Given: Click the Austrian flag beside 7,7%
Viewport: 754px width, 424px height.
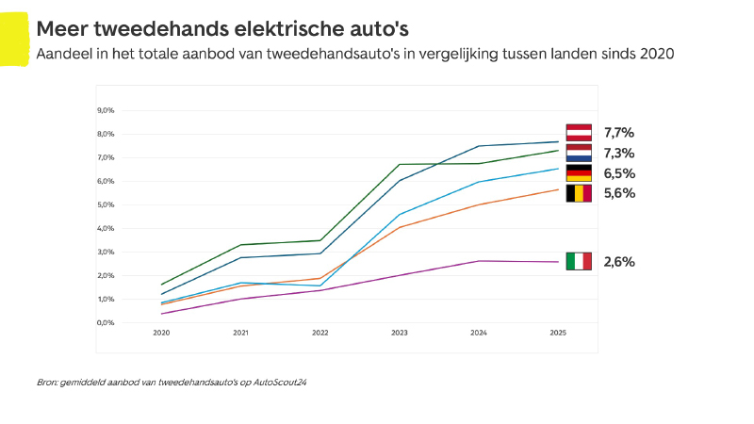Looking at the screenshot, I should pos(579,132).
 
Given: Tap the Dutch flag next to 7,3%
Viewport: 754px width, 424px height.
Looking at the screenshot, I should pos(579,153).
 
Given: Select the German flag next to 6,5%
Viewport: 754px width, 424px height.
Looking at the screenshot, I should pos(579,173).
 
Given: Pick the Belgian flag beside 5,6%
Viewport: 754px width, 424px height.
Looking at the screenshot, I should pos(579,193).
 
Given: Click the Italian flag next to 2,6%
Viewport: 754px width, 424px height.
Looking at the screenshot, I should pos(579,261).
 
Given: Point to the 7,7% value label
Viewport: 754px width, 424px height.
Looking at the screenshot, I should pos(619,132).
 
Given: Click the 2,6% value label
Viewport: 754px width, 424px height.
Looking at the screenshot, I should pos(619,262).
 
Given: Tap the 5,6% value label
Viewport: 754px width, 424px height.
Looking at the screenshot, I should pos(619,193).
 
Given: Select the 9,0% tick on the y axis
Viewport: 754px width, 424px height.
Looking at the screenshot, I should pos(106,110).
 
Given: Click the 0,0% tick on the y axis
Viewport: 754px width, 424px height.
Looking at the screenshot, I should pos(106,322).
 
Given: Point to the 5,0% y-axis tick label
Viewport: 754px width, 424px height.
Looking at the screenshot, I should pos(106,204).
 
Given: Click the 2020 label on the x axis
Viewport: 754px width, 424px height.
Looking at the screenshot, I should pos(161,333).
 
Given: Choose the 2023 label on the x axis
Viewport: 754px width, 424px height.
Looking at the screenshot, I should pos(400,333).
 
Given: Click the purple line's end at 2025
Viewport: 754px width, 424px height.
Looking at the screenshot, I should pos(559,262).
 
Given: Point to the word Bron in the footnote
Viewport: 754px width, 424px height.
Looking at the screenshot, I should pos(47,383).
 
